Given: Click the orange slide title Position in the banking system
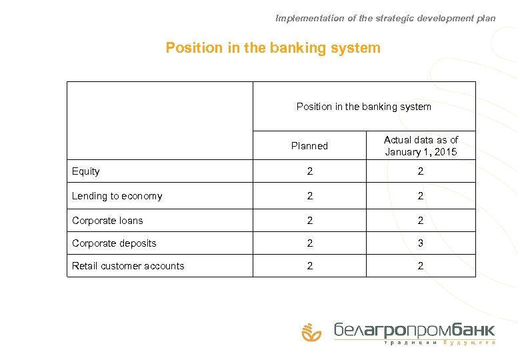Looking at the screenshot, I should pyautogui.click(x=273, y=48).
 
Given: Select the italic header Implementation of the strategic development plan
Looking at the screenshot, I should pyautogui.click(x=385, y=18).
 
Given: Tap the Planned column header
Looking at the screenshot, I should pyautogui.click(x=309, y=146).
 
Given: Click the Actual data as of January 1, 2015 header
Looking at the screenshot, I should pyautogui.click(x=421, y=146).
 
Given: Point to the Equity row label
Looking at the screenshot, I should pyautogui.click(x=86, y=171).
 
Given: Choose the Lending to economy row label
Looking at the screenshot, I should pyautogui.click(x=117, y=196).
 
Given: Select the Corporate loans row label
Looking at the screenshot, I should pyautogui.click(x=107, y=221).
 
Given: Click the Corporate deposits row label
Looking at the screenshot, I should pyautogui.click(x=114, y=243).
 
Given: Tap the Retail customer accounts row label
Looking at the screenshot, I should pyautogui.click(x=128, y=266).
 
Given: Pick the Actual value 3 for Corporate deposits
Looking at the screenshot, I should pyautogui.click(x=421, y=243).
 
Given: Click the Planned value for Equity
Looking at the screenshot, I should pyautogui.click(x=309, y=171).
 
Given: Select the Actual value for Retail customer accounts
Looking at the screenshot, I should pyautogui.click(x=421, y=266).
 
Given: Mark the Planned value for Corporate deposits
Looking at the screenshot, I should pyautogui.click(x=309, y=243).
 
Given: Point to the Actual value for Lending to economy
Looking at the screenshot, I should pyautogui.click(x=421, y=196).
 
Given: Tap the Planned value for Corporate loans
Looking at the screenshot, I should pyautogui.click(x=309, y=221).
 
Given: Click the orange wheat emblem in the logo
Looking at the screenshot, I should pyautogui.click(x=311, y=331).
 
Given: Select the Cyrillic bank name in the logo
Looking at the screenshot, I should pyautogui.click(x=414, y=329).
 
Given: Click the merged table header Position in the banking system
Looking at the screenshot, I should pyautogui.click(x=363, y=107).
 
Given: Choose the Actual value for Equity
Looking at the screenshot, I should pyautogui.click(x=421, y=171).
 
